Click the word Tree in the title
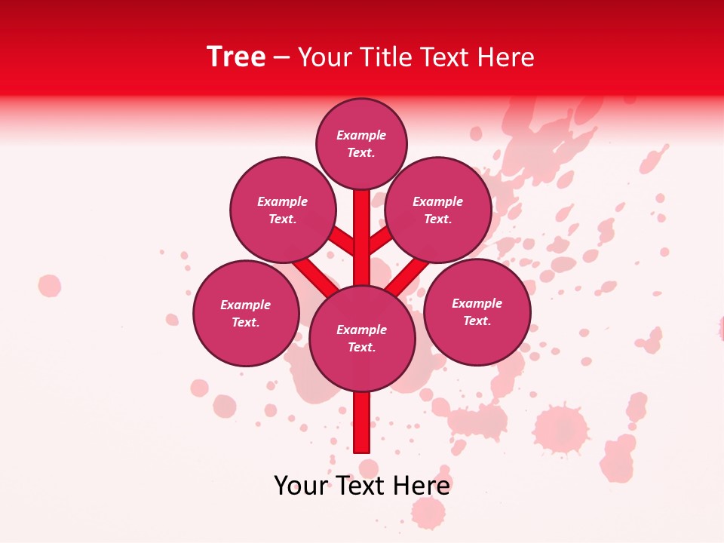[x=236, y=57]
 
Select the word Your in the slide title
[x=324, y=57]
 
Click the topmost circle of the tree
[x=361, y=143]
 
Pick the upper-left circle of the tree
[x=283, y=210]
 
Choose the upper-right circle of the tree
[x=438, y=210]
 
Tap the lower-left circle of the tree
[x=246, y=313]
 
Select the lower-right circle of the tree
[x=477, y=311]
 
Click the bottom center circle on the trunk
[x=362, y=338]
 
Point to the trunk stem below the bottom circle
[x=362, y=422]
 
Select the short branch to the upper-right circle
[x=379, y=241]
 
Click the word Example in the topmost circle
[x=361, y=135]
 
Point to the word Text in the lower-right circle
[x=476, y=321]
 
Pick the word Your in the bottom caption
[x=300, y=485]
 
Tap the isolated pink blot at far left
[x=50, y=286]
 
